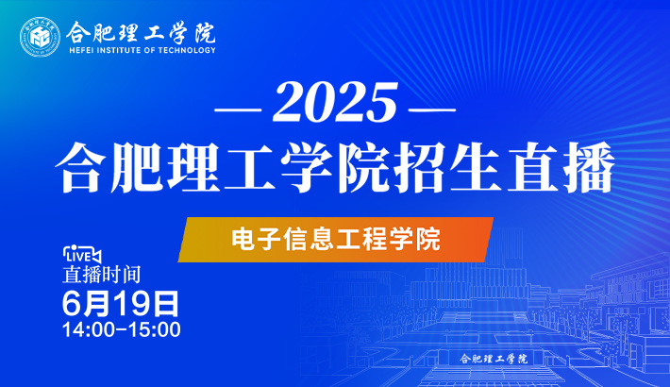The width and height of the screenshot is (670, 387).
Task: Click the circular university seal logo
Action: pos(40,37)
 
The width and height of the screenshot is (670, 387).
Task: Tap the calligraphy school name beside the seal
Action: pos(141,32)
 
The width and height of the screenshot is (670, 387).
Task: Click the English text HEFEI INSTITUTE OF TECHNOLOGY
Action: pos(142,50)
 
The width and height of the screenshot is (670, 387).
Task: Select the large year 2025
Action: pos(335,103)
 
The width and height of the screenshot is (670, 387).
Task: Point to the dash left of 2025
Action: pos(238,109)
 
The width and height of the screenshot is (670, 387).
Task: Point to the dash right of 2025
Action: pos(432,109)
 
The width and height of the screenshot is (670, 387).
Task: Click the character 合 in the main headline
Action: pos(81,167)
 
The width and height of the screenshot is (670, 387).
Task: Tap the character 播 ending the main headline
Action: pos(589,167)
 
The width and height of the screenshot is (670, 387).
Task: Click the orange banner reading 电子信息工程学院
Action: pos(336,240)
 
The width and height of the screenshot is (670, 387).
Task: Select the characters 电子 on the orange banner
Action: pos(257,239)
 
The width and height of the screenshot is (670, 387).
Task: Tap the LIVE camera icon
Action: pos(82,255)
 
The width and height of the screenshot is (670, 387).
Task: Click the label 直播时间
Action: pos(102,275)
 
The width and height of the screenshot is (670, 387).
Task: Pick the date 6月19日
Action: pos(121,303)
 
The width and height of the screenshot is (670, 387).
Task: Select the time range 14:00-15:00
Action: pos(122,329)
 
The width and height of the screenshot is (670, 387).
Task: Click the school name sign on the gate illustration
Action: pos(494,359)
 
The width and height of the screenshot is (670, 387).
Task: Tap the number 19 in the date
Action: pos(132,303)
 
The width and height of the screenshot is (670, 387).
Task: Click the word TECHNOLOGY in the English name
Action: pos(187,50)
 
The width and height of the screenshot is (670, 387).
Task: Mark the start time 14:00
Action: pos(89,329)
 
